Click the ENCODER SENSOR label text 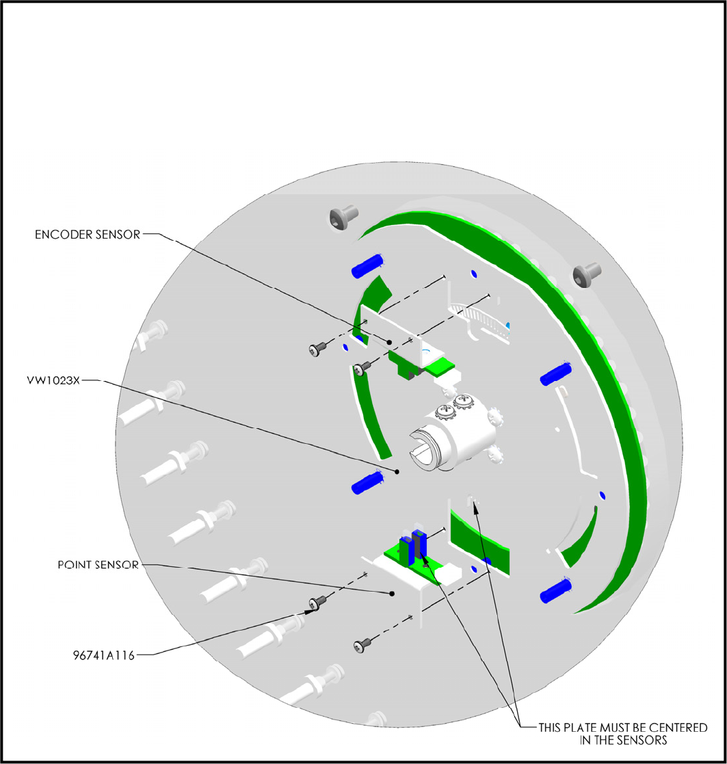tap(88, 235)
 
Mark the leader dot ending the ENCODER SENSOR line tap(389, 342)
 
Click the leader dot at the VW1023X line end tap(397, 471)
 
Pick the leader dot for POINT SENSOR tap(392, 593)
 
